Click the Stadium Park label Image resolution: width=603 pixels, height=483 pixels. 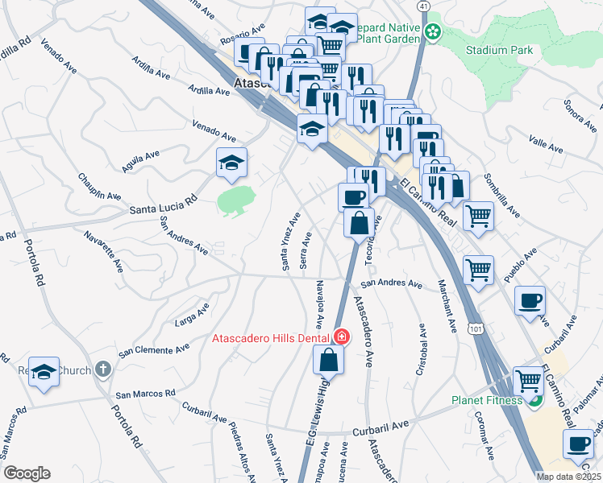point(499,50)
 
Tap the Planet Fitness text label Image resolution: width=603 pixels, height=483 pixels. point(485,400)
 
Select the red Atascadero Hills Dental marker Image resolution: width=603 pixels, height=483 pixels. point(341,336)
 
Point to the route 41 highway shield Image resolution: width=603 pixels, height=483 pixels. point(424,6)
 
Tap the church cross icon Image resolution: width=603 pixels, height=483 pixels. point(101,369)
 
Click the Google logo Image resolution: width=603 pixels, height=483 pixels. point(27,473)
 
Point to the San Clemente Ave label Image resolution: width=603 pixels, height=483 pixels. point(154,350)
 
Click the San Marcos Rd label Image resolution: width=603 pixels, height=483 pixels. point(145,394)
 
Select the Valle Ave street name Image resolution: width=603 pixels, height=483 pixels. point(545,143)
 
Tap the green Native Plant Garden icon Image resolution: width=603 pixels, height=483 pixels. point(433,31)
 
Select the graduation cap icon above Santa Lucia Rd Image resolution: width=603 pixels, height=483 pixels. point(231,162)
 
